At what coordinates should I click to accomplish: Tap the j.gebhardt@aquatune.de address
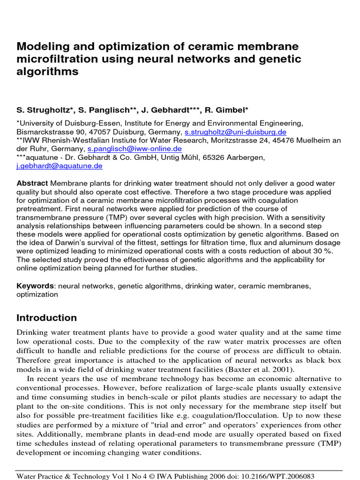point(60,166)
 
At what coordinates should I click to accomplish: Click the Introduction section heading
point(47,318)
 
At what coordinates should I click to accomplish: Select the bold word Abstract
point(32,183)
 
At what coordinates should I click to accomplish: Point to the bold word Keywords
point(36,286)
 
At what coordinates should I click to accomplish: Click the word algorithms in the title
point(47,72)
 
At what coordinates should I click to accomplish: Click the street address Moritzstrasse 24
point(246,141)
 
